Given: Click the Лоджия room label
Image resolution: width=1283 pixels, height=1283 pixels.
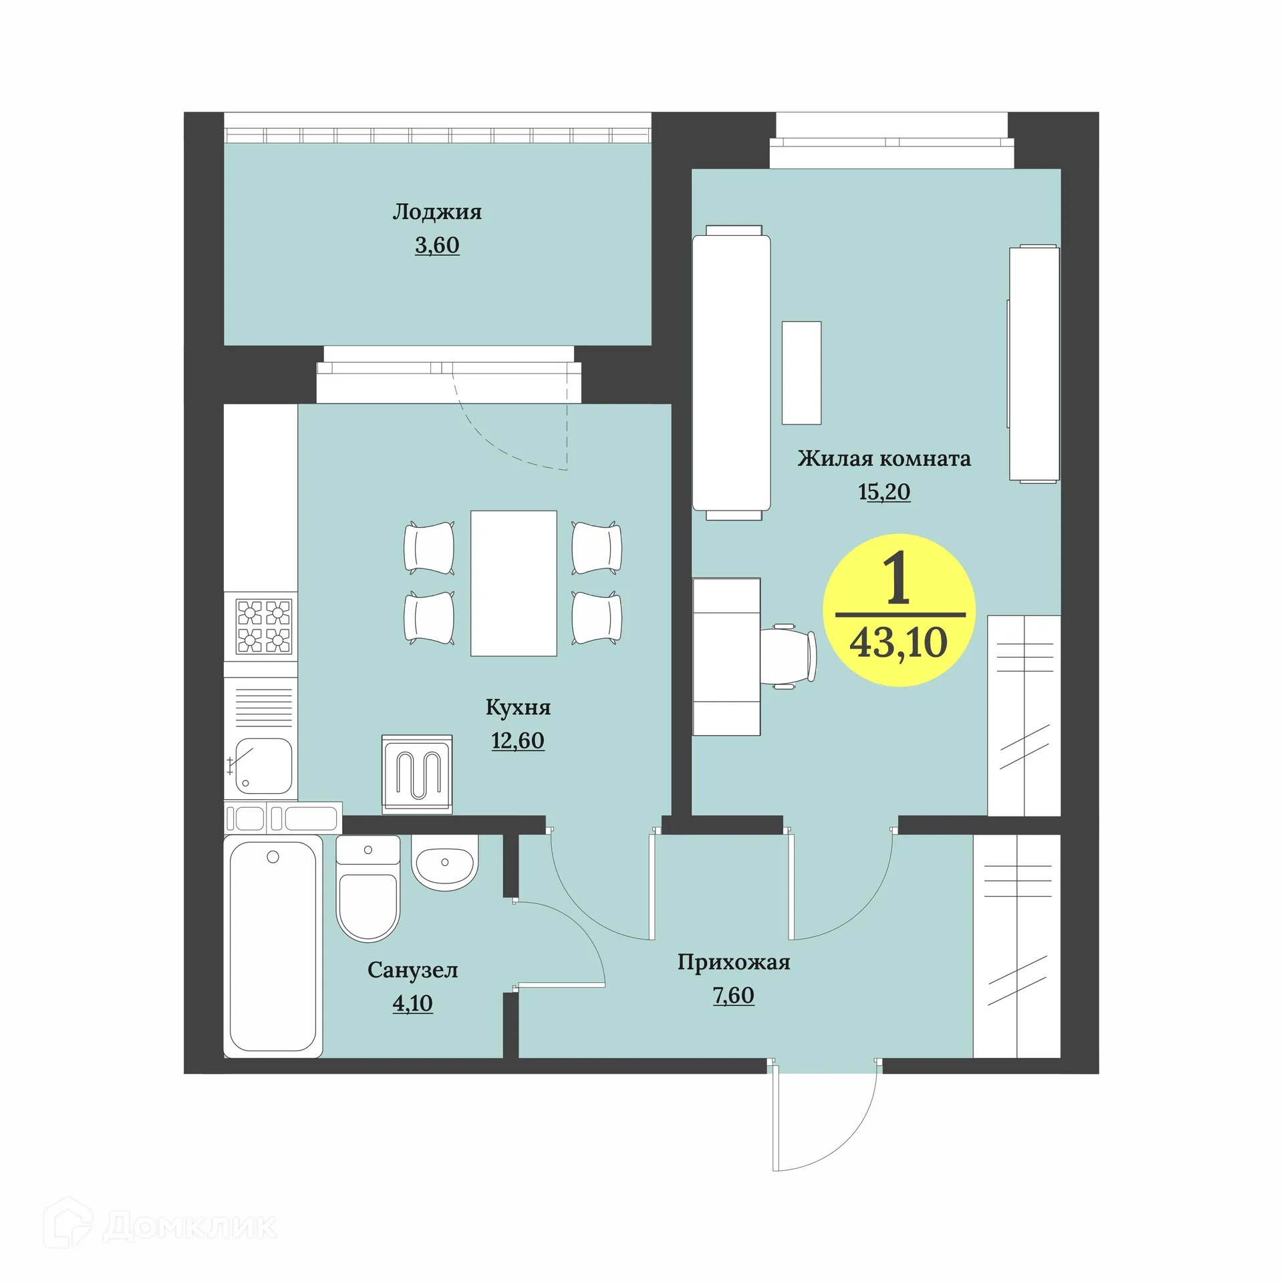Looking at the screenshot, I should pos(436,212).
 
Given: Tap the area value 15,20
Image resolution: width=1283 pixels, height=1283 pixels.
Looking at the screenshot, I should pos(883,492).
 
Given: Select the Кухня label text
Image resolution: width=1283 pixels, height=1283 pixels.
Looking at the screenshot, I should pos(518,707).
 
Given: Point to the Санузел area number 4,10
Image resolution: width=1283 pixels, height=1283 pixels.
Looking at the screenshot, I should pos(412,1003).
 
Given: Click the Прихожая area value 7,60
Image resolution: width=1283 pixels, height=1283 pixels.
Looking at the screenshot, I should pos(733,995).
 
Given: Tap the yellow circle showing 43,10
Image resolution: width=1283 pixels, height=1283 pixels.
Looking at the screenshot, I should pos(899,610).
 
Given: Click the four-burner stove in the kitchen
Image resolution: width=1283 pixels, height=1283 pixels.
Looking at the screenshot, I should pos(264,626).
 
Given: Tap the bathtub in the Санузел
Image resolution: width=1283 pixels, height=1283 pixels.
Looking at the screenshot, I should pos(273,946).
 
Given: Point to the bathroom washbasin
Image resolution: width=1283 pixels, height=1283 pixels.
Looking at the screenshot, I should pos(444,863).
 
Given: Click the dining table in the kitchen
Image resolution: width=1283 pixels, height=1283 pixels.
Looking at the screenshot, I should pos(513,583).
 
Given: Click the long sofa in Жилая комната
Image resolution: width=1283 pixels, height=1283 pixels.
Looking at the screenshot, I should pos(732,372).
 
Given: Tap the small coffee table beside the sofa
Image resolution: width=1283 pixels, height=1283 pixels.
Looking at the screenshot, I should pos(801,372).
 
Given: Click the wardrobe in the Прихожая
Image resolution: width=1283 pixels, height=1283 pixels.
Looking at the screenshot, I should pos(1016,946).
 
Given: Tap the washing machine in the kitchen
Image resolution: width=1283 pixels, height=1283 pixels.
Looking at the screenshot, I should pos(417,774).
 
